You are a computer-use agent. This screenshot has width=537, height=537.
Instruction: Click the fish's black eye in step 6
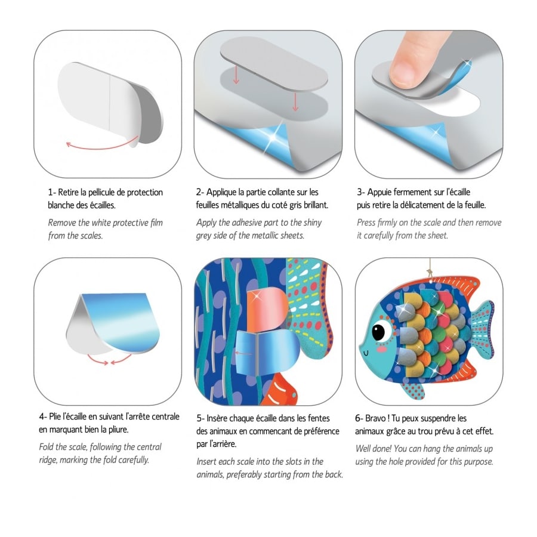coord(379,332)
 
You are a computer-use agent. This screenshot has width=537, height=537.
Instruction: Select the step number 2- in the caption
coord(200,192)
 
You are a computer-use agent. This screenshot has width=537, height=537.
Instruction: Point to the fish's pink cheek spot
coord(381,349)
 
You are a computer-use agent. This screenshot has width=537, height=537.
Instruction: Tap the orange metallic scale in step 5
coord(267,310)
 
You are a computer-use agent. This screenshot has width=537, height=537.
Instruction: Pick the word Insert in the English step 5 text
coord(206,462)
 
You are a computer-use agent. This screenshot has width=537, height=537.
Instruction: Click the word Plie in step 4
coord(55,416)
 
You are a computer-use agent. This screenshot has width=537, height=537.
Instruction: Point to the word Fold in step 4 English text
coord(46,447)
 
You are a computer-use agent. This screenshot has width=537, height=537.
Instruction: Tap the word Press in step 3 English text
coord(366,223)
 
